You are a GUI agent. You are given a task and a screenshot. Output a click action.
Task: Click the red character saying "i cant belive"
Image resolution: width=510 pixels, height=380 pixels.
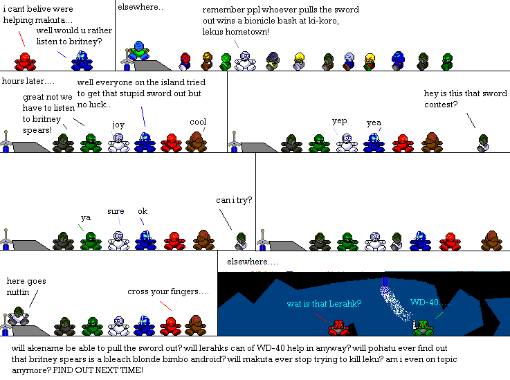click(x=25, y=62)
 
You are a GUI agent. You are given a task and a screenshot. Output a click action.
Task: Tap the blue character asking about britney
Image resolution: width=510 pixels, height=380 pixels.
click(x=82, y=61)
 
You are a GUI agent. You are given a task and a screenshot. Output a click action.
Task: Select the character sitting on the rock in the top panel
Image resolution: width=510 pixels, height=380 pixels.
click(x=139, y=51)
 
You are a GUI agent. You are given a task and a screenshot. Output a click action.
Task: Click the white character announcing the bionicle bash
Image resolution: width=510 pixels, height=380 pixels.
click(x=245, y=61)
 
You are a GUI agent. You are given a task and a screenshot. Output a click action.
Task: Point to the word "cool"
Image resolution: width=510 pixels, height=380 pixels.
click(x=198, y=122)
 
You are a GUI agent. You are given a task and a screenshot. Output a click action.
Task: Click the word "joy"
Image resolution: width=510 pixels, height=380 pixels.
click(x=118, y=125)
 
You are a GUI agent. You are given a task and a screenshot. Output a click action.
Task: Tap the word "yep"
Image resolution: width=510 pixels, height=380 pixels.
click(x=340, y=121)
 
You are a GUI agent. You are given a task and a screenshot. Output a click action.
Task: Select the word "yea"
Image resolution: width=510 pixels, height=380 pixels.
click(x=374, y=123)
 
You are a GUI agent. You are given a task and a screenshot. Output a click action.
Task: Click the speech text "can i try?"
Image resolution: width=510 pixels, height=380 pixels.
click(x=234, y=200)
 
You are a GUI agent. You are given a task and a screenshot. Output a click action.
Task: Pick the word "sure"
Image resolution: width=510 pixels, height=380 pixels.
click(x=116, y=211)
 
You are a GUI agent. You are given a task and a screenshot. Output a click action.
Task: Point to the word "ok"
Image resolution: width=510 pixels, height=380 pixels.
click(x=143, y=211)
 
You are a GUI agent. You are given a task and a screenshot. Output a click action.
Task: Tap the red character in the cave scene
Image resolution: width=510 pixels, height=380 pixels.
click(x=338, y=327)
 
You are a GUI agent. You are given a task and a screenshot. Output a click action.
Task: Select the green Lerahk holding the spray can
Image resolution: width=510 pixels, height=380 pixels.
click(x=423, y=327)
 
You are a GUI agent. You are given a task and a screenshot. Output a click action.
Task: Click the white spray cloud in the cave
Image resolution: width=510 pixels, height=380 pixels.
click(x=395, y=304)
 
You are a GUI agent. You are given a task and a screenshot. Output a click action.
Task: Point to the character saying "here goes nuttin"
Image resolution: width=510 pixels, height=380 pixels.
click(x=19, y=316)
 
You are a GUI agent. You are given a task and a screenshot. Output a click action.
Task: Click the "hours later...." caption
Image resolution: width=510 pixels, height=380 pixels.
click(x=28, y=81)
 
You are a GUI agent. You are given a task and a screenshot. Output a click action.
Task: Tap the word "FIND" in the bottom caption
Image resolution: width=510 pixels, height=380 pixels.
click(x=63, y=370)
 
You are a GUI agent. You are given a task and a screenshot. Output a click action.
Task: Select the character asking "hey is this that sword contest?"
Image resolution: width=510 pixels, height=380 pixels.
click(x=483, y=143)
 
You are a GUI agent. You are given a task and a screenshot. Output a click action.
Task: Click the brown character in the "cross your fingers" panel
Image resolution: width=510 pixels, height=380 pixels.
click(x=196, y=325)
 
